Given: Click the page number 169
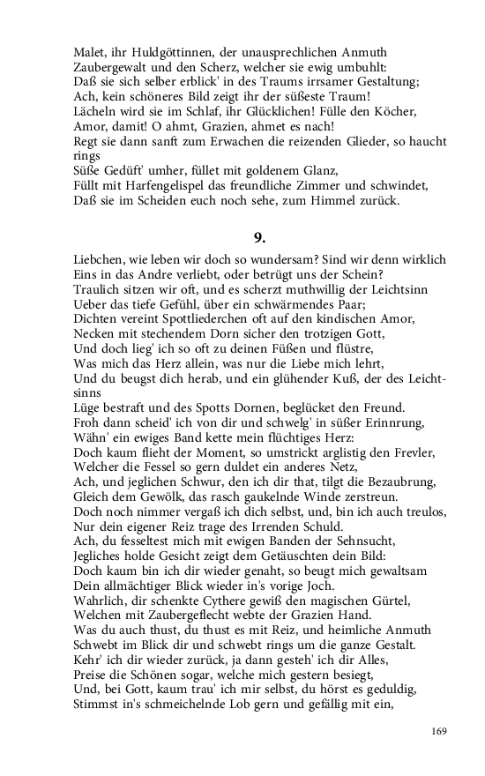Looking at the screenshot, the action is click(440, 731).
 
